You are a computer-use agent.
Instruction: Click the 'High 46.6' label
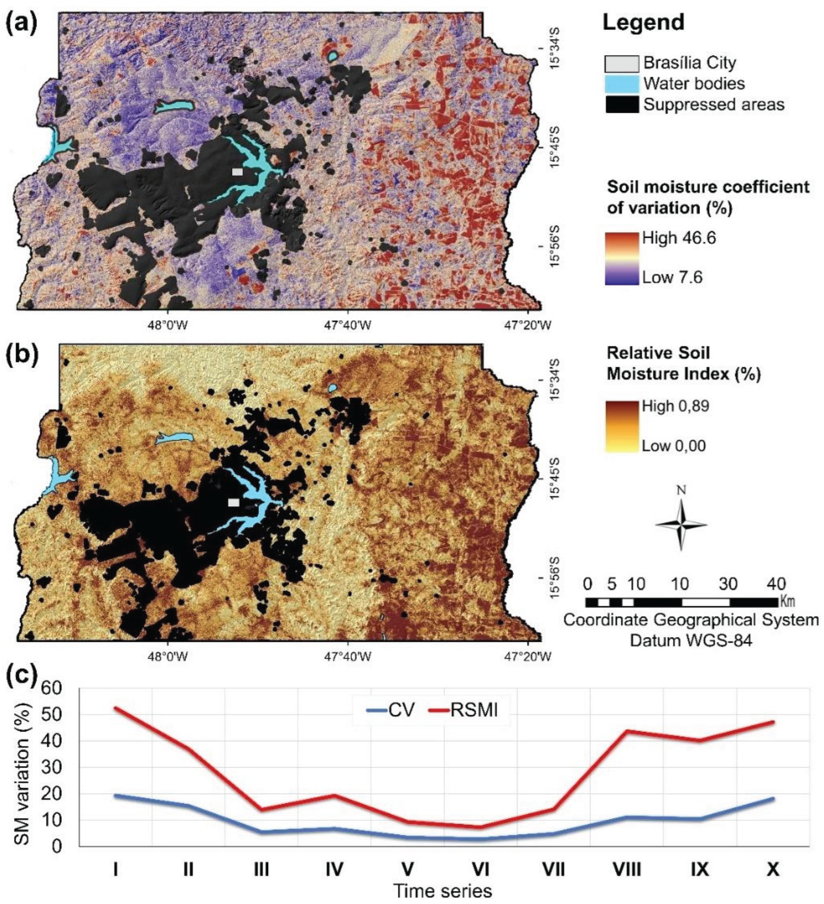point(679,238)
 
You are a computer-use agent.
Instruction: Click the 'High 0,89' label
point(676,406)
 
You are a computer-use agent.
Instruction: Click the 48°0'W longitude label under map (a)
point(168,325)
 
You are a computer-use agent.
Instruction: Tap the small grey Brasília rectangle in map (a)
point(237,172)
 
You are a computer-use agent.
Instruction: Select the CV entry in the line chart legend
point(390,710)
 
